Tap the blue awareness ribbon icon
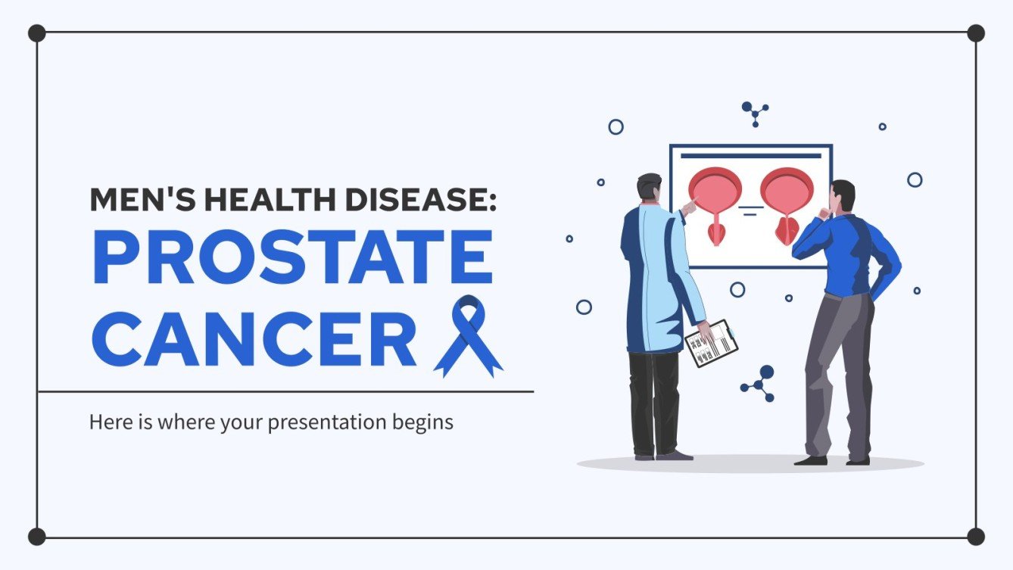coord(469,336)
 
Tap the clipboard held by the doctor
coord(711,344)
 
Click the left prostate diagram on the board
coord(715,203)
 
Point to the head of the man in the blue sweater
coord(842,196)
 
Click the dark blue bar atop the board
coord(750,156)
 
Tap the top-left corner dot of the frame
coord(36,33)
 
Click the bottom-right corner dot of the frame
coord(976,537)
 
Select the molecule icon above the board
coord(755,114)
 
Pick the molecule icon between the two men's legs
coord(759,384)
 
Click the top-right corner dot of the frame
coord(976,33)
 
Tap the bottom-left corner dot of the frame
coord(36,537)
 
